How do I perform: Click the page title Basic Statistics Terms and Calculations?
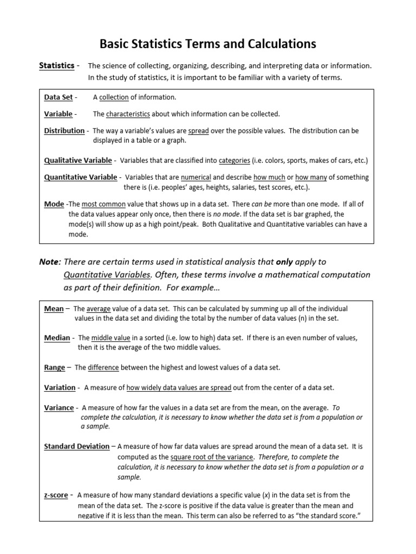click(x=208, y=43)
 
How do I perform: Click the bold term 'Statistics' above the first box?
click(x=56, y=65)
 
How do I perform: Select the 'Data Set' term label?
click(x=58, y=97)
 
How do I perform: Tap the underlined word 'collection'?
click(x=114, y=97)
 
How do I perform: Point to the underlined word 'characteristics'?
click(x=128, y=114)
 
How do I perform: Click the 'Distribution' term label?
click(x=64, y=131)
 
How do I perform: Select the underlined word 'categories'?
click(x=235, y=160)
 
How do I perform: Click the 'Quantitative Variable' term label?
click(x=80, y=177)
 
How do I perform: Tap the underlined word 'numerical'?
click(x=196, y=177)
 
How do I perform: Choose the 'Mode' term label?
click(x=54, y=204)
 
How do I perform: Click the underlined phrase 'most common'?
click(x=103, y=204)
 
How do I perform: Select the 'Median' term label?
click(x=57, y=338)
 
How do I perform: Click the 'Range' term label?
click(x=54, y=367)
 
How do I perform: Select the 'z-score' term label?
click(x=56, y=495)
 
